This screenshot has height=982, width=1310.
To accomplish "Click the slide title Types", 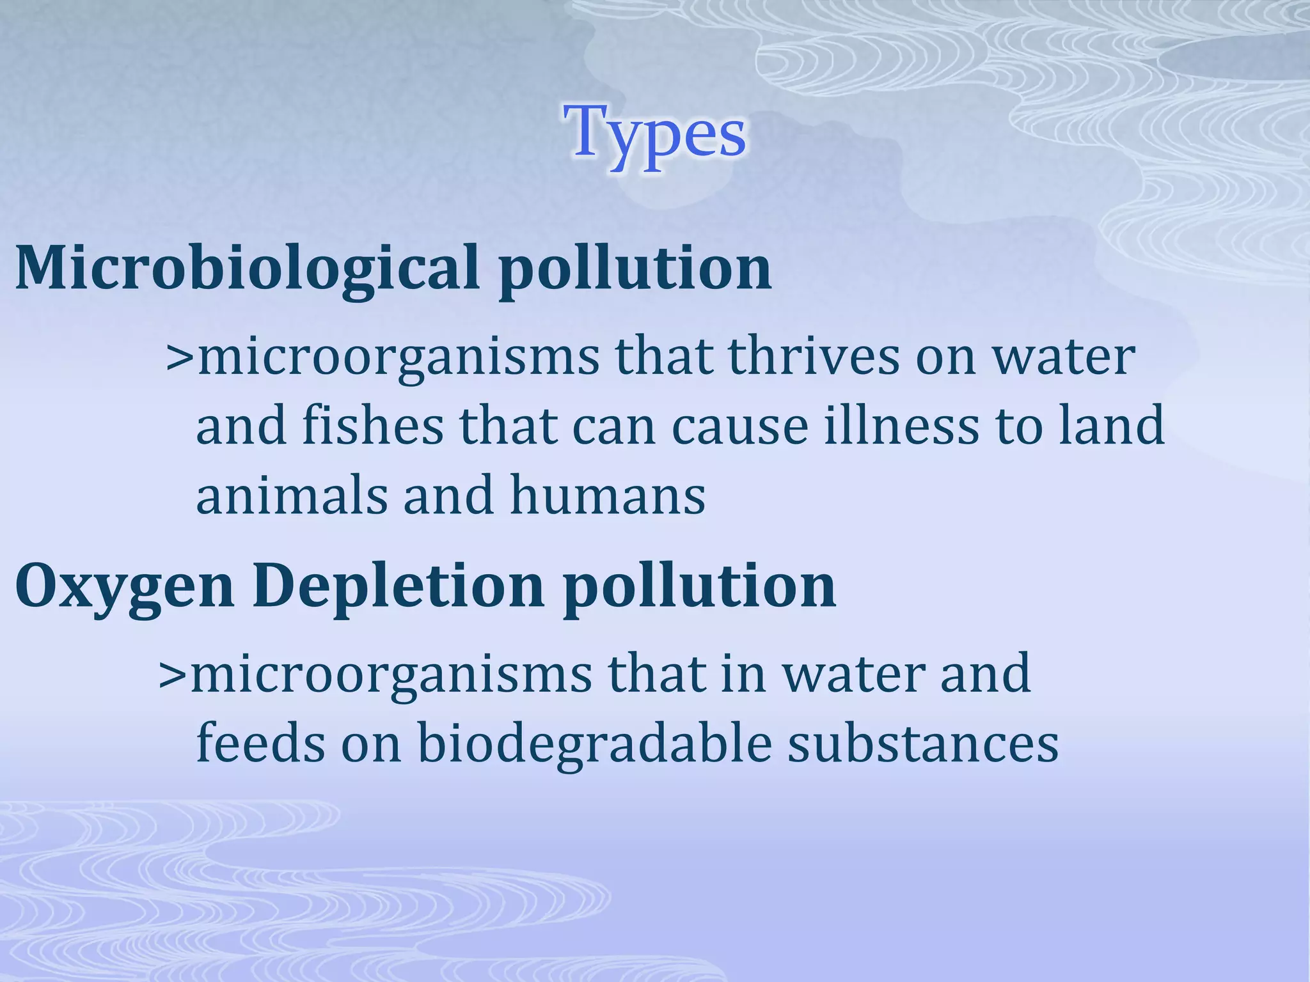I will point(655,134).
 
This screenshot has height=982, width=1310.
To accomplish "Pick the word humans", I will point(608,495).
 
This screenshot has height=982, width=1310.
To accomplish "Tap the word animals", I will point(292,495).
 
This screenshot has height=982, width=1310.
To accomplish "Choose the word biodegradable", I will point(595,743).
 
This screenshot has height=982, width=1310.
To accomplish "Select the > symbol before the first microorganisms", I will point(180,358).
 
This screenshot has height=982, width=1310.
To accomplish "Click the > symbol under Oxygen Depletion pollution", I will point(173,675).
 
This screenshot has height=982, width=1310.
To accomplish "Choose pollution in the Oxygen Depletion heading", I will point(700,586).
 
